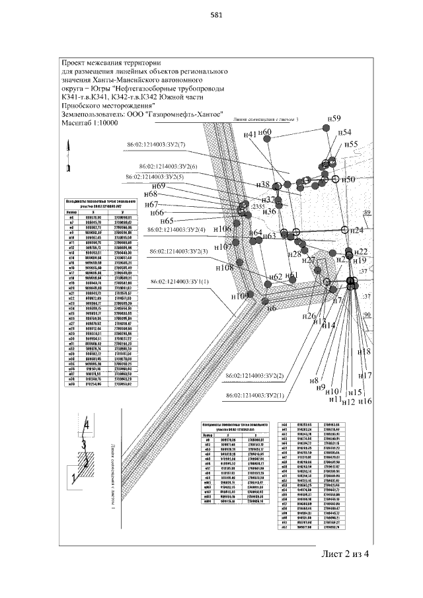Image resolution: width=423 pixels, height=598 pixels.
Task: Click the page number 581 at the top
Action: coord(211,18)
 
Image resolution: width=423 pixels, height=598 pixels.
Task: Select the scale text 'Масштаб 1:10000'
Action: coord(91,122)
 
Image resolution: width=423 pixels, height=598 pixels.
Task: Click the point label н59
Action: coord(334,118)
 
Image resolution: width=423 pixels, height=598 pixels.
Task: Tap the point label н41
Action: coord(249,135)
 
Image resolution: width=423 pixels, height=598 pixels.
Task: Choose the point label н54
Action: coord(345,132)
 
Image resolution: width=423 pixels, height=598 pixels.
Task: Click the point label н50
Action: coord(349,179)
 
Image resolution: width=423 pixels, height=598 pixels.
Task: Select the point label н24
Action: coord(357,230)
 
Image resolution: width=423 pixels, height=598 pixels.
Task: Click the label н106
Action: coord(222,229)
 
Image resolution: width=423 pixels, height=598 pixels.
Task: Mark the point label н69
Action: coord(159,186)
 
